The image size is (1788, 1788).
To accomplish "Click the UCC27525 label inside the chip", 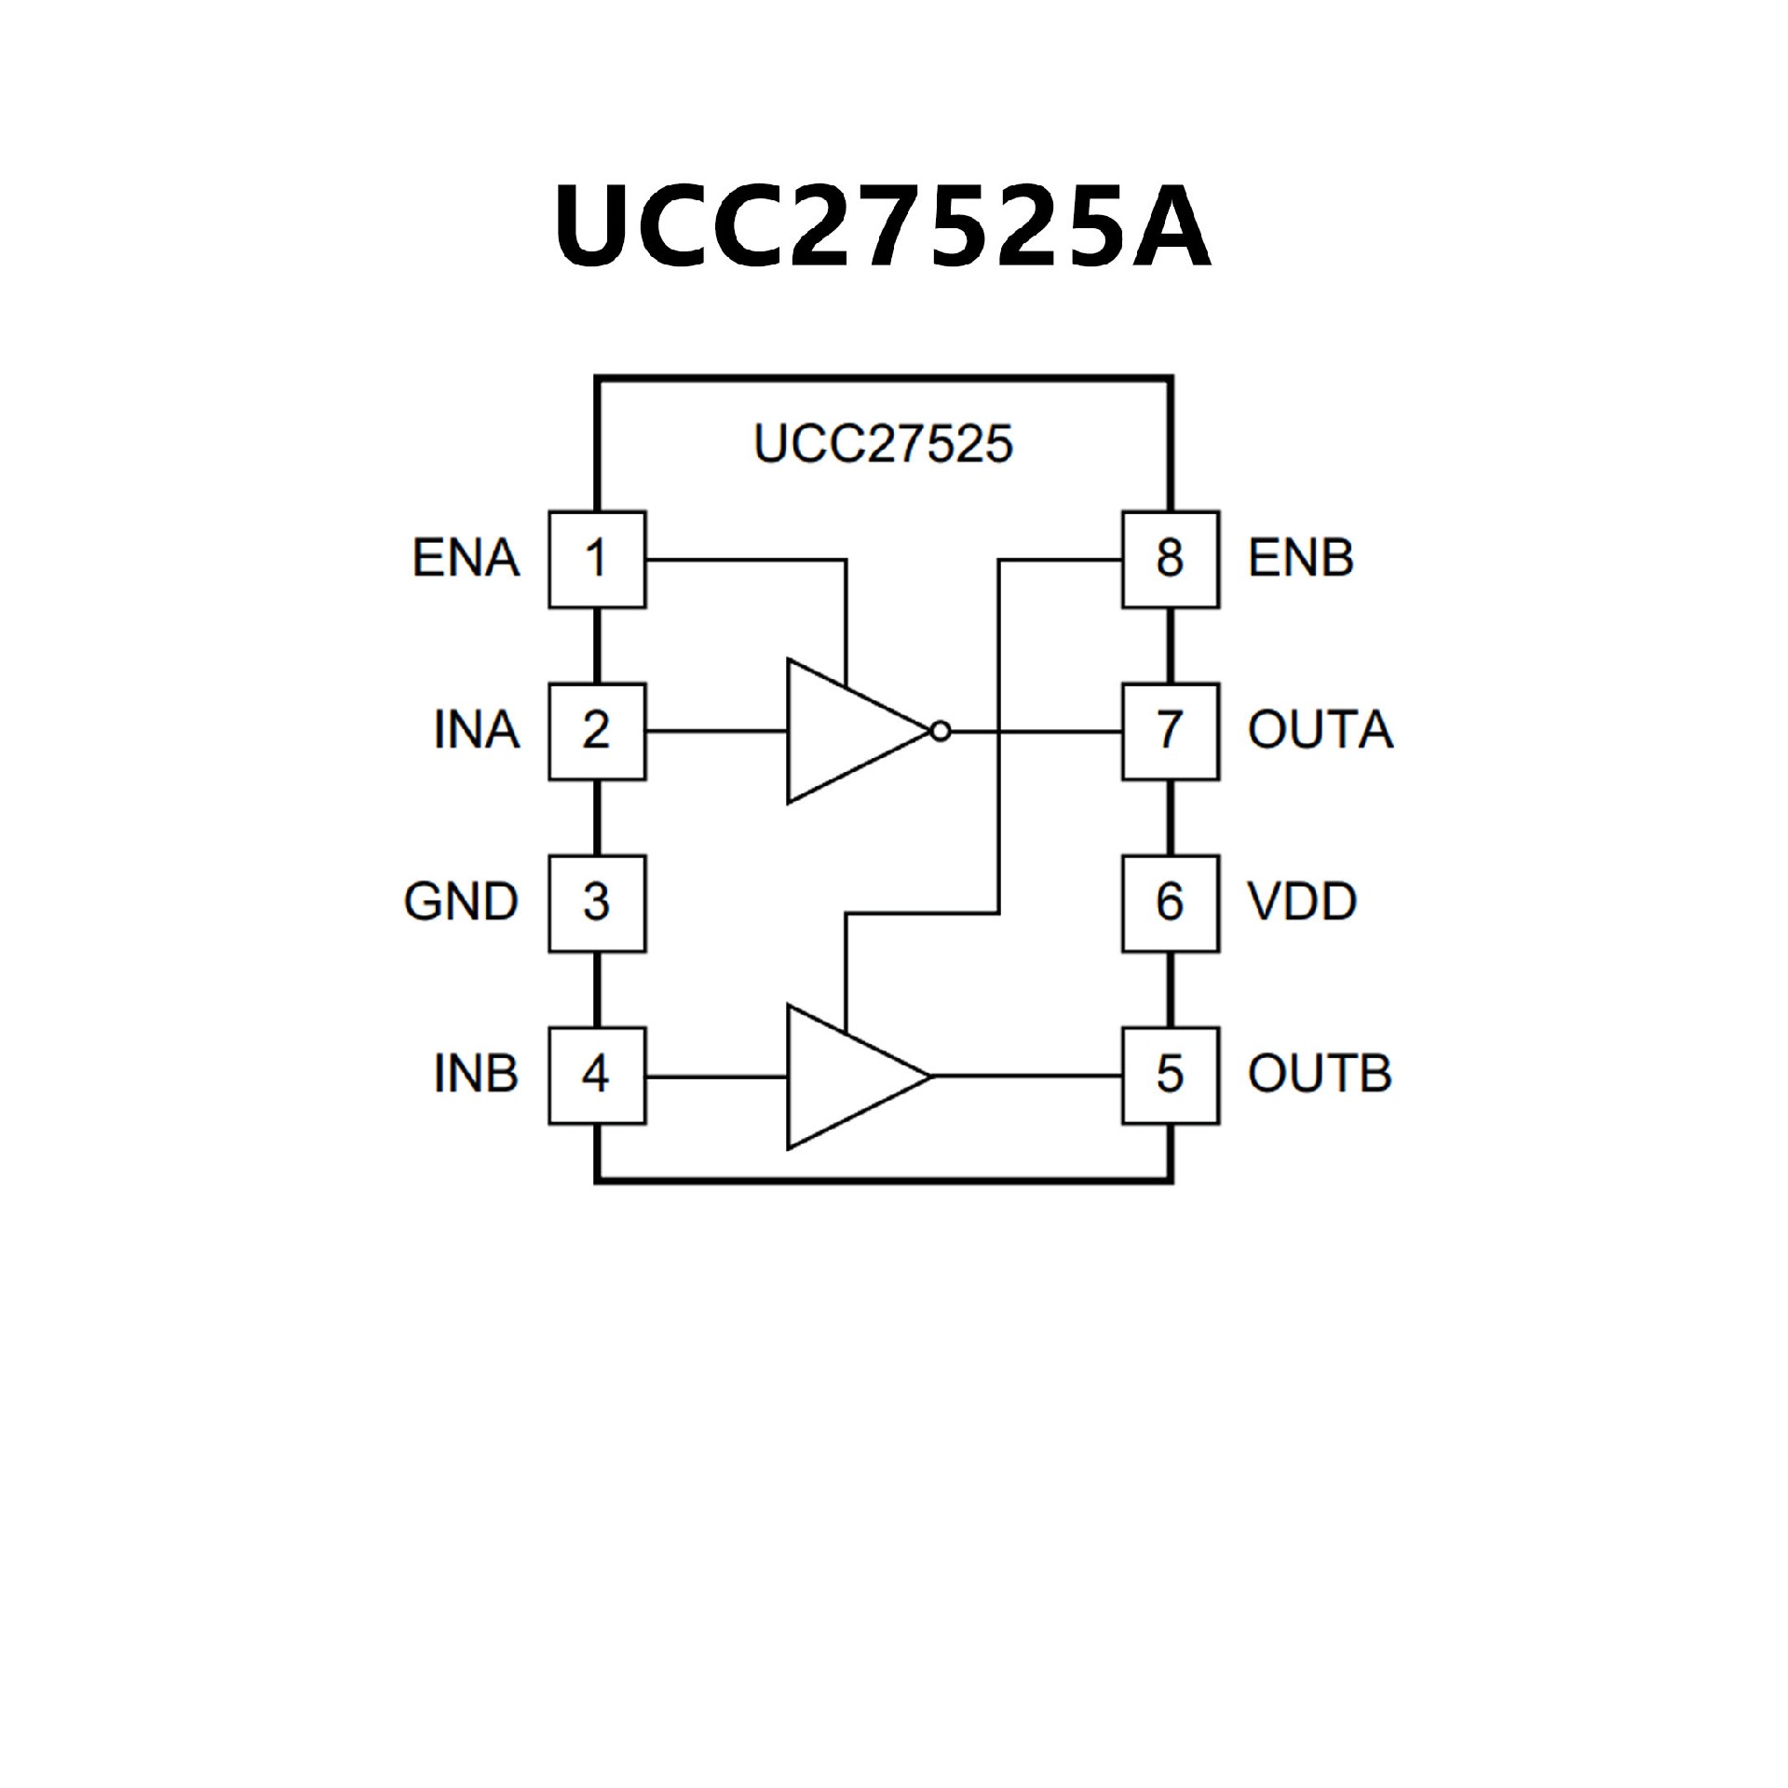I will [x=883, y=444].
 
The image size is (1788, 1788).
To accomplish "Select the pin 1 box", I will [x=597, y=560].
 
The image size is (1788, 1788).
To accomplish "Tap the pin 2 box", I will [x=597, y=732].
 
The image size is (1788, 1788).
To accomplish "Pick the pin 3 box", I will [x=597, y=903].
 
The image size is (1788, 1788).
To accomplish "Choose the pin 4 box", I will [x=597, y=1076].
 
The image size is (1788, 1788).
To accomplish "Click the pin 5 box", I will [x=1171, y=1076].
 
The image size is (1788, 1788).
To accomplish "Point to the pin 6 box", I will [x=1171, y=903].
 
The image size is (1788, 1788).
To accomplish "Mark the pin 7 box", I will [x=1171, y=732].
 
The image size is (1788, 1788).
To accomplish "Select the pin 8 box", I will [x=1171, y=560].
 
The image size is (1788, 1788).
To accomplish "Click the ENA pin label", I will [x=466, y=559].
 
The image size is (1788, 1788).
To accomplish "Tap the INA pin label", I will [x=476, y=731].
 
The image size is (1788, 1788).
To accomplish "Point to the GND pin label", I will [x=461, y=902].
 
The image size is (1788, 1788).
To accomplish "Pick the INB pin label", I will [x=476, y=1075].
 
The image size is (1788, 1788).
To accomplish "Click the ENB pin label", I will [x=1300, y=559].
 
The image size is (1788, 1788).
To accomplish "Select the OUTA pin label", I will [x=1321, y=731].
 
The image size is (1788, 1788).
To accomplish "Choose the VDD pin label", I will [x=1302, y=902].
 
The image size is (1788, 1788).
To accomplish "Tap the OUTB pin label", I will [x=1320, y=1075].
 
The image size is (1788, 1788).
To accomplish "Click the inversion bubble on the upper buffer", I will [x=941, y=732].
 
